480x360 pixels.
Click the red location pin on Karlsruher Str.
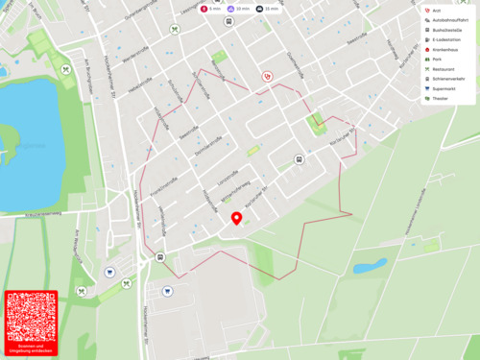236,220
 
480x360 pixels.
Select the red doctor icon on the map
268,76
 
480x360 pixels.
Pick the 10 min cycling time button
239,9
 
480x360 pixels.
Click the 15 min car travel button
267,9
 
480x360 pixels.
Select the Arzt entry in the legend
437,11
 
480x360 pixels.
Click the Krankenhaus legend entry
446,49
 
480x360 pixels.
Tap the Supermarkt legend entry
446,87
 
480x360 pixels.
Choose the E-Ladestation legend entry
447,39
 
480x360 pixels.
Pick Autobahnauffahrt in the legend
451,20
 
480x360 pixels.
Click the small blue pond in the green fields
370,265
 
